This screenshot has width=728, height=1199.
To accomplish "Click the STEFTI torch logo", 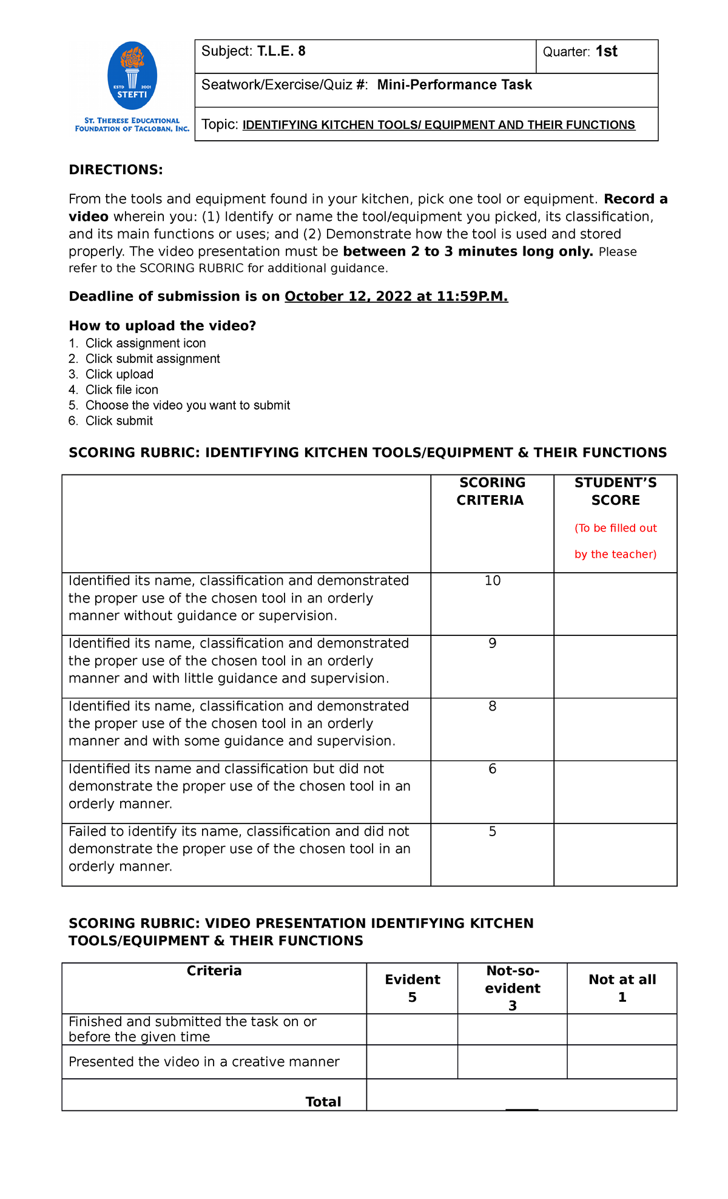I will tap(132, 75).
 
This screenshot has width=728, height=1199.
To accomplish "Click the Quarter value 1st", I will tap(606, 52).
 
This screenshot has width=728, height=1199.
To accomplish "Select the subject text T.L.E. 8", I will tap(281, 52).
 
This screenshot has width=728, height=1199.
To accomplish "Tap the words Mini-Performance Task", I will tap(454, 85).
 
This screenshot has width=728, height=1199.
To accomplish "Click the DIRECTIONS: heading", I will tap(116, 170).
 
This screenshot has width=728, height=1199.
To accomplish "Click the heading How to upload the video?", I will tap(162, 326).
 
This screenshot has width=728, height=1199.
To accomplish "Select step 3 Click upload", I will tap(119, 374).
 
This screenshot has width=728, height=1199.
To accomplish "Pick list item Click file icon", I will tap(121, 390).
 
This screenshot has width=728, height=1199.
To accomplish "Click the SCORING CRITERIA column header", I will tap(491, 491).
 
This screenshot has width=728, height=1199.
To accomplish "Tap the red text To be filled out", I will tap(616, 529).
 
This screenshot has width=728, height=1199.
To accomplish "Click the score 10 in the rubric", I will tap(492, 581).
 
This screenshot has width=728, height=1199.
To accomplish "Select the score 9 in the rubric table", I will tap(492, 643).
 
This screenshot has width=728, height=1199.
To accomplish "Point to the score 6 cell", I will tap(492, 769).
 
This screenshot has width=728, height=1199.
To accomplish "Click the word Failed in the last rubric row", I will tap(88, 832).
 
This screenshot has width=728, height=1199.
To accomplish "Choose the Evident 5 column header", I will tap(412, 988).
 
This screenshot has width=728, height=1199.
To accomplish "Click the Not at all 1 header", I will tap(622, 988).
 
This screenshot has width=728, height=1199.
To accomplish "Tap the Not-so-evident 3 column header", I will tap(512, 988).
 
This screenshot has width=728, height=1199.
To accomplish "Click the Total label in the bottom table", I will tap(323, 1102).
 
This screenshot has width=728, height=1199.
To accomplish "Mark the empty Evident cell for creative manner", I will tap(412, 1062).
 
